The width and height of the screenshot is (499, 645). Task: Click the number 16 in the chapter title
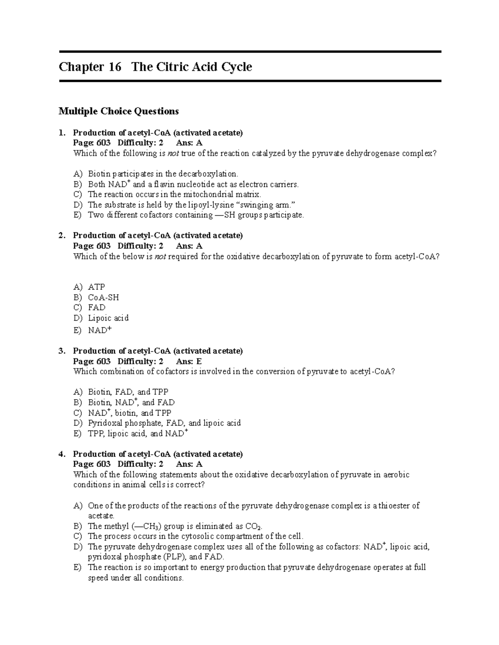[x=113, y=67]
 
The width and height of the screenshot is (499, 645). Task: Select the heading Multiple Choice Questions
[x=119, y=111]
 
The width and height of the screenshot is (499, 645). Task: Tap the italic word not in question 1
[x=172, y=154]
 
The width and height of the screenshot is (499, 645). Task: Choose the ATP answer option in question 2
[x=96, y=287]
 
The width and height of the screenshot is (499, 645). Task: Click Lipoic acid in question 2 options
[x=108, y=318]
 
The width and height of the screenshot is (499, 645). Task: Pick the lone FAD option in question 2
[x=96, y=308]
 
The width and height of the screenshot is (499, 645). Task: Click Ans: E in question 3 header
[x=189, y=361]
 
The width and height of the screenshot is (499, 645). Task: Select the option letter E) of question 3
[x=78, y=434]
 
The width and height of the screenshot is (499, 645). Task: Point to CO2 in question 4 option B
[x=254, y=527]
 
